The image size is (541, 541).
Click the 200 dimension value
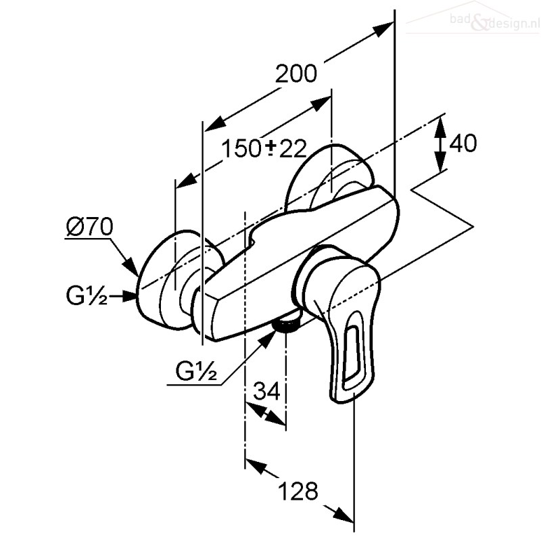296,74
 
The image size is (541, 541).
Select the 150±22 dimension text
264,149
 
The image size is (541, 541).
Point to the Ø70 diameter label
90,227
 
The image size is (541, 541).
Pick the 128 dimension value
298,491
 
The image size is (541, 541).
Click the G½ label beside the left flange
87,296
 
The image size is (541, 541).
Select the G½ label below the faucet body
196,371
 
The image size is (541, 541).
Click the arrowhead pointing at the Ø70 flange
131,266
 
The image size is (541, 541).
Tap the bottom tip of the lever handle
340,401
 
